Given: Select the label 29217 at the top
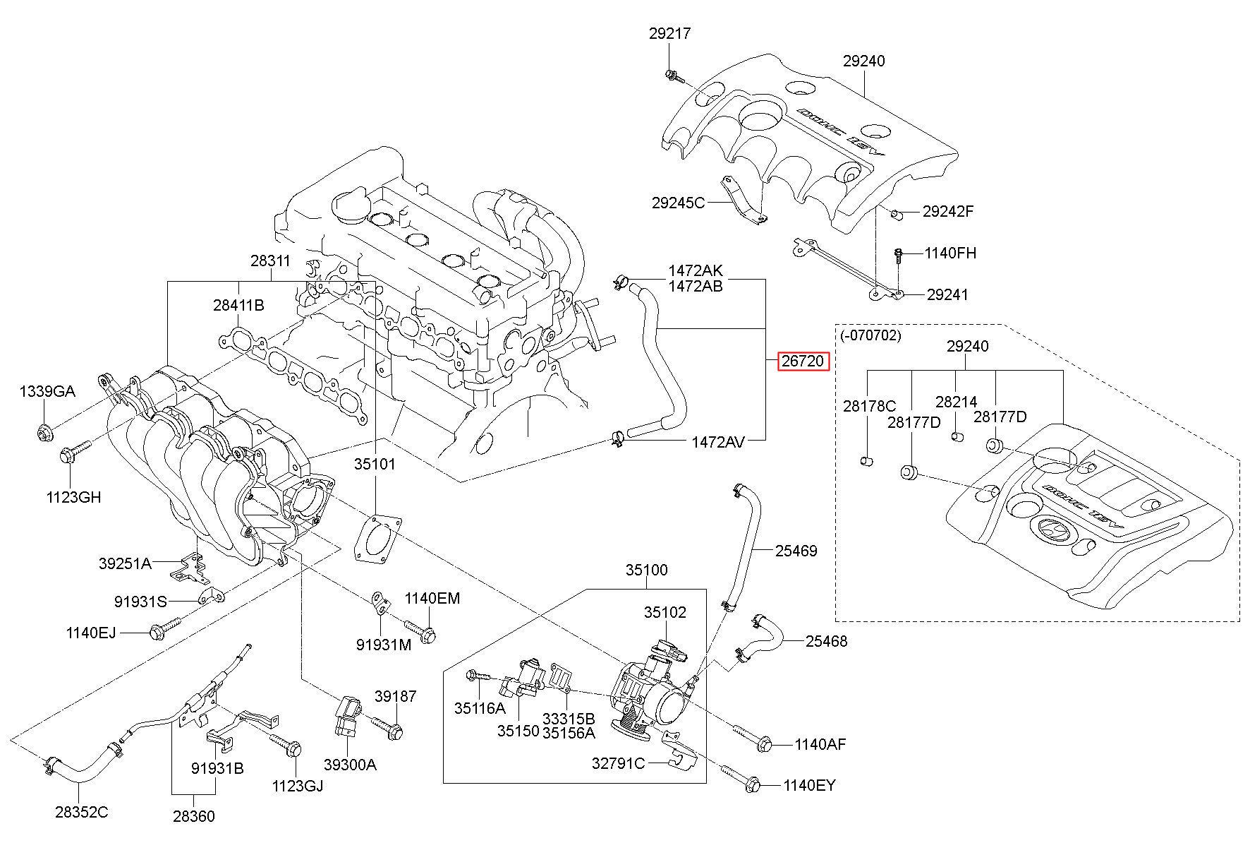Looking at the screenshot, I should coord(669,33).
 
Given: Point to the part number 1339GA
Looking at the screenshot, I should coord(47,392).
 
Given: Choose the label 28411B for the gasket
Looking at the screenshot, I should coord(238,305).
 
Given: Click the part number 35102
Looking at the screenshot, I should coord(665,612).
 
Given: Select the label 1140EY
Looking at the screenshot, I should coord(809,785).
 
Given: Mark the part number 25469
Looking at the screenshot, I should coord(796,551).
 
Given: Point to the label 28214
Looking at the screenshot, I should coord(956,402).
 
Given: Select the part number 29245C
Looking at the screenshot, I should coord(678,203).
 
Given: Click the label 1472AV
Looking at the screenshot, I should coord(717,442).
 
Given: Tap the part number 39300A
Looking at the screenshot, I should coord(350,765).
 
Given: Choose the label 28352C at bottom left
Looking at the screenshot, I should coord(82,812).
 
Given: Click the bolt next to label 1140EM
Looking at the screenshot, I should coord(421,630).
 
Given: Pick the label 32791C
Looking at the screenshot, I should coord(618,763).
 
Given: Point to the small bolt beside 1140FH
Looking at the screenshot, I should coord(899,256).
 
